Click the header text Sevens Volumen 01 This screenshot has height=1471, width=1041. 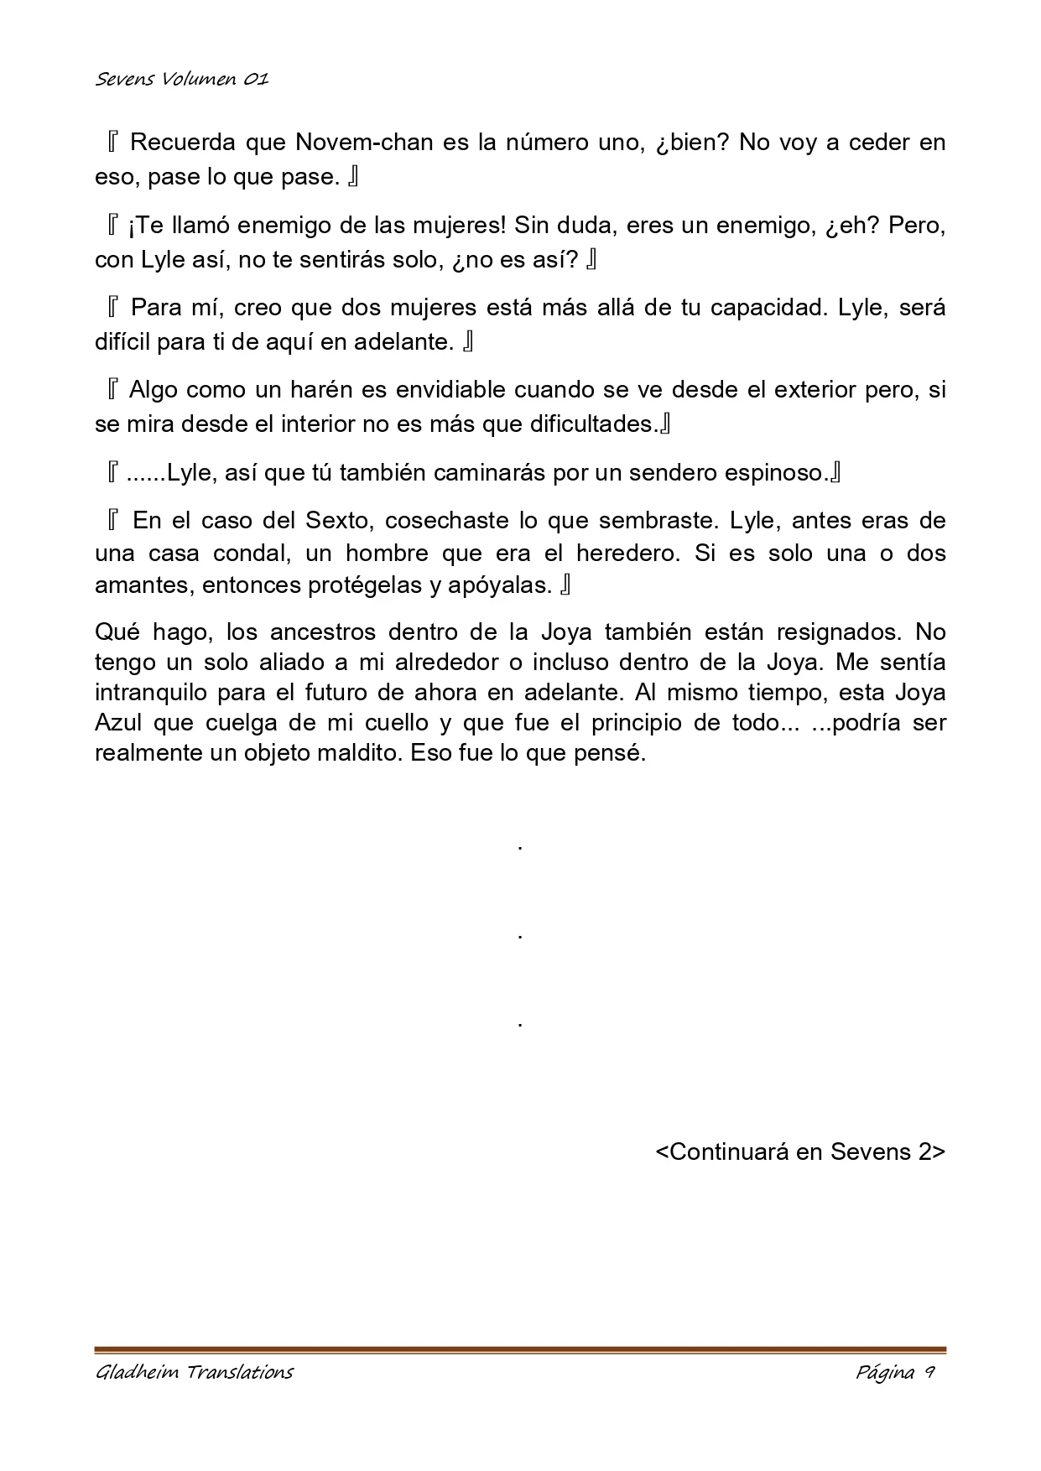[x=181, y=80]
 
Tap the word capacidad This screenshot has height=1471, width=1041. [x=770, y=308]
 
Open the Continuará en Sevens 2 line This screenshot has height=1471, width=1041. [x=800, y=1151]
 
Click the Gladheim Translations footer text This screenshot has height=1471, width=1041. [x=195, y=1372]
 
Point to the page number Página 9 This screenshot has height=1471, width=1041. [x=895, y=1372]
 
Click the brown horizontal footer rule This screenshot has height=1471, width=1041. [x=520, y=1350]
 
